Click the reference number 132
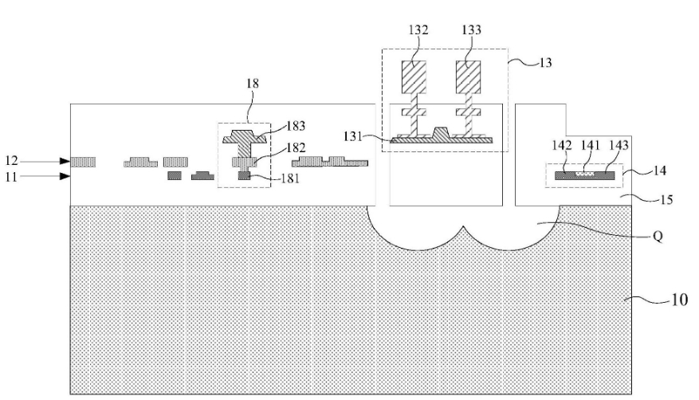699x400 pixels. click(418, 30)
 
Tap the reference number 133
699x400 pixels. click(471, 30)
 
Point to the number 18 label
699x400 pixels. click(251, 83)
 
